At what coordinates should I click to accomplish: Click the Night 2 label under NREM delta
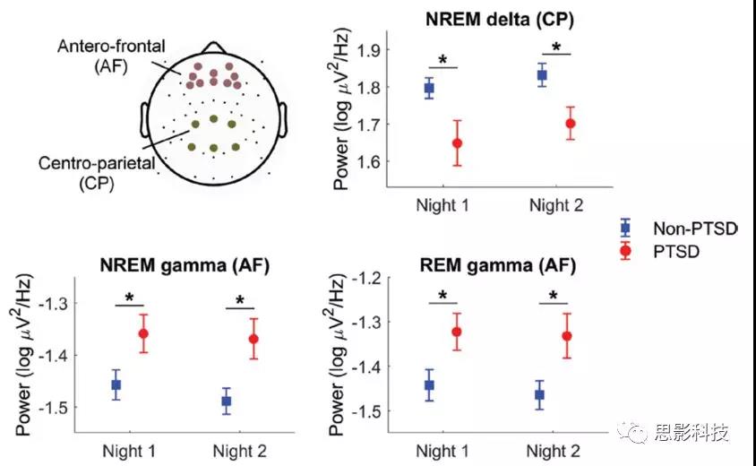click(x=555, y=205)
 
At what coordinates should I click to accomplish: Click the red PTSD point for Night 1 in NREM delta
click(x=457, y=143)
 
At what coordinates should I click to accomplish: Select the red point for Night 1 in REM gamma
click(x=457, y=332)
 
